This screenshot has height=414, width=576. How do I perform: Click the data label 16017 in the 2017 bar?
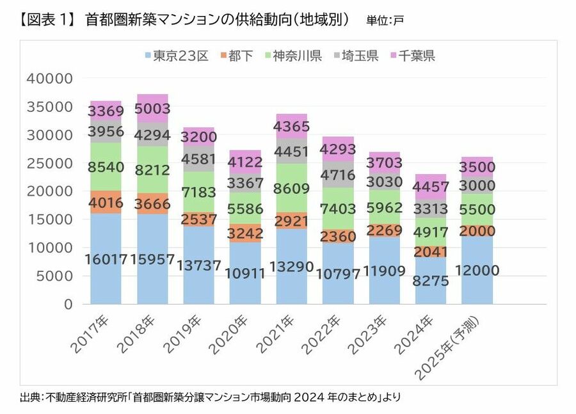pyautogui.click(x=106, y=259)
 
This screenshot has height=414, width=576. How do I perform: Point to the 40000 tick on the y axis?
pyautogui.click(x=51, y=79)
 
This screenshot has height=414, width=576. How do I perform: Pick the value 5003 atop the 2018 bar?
pyautogui.click(x=152, y=109)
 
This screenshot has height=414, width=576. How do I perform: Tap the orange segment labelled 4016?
pyautogui.click(x=106, y=202)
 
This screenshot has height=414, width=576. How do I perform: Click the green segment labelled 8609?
pyautogui.click(x=291, y=189)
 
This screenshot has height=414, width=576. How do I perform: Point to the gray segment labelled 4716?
pyautogui.click(x=338, y=175)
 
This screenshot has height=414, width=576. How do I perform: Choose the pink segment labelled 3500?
pyautogui.click(x=477, y=167)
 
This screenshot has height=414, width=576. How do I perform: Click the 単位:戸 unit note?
pyautogui.click(x=385, y=20)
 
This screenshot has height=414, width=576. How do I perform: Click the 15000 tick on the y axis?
pyautogui.click(x=51, y=219)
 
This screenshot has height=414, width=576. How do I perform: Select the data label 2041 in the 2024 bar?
pyautogui.click(x=431, y=251)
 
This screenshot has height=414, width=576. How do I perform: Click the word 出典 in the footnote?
pyautogui.click(x=30, y=397)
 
